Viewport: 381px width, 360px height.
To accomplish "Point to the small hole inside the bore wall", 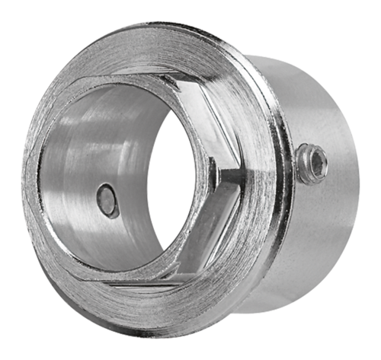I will [107, 202].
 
